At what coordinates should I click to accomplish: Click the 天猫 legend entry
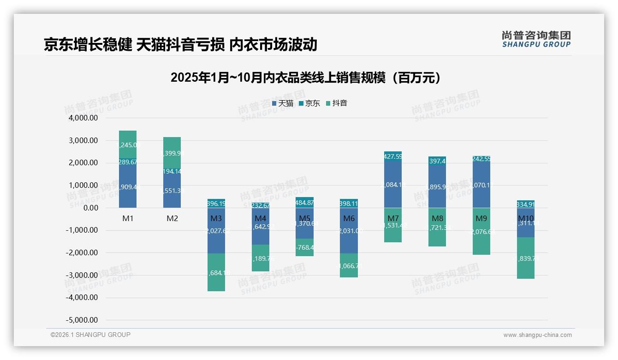click(283, 103)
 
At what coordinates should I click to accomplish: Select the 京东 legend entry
click(309, 103)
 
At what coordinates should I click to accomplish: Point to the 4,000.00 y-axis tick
click(83, 118)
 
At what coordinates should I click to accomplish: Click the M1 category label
click(128, 218)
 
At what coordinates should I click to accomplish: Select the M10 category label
click(526, 218)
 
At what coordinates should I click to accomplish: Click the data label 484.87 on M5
click(305, 203)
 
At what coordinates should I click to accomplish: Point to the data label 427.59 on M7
click(393, 157)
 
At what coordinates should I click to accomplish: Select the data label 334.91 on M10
click(526, 204)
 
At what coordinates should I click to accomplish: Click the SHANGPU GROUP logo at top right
click(536, 39)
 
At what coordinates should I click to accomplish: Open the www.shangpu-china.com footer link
click(537, 335)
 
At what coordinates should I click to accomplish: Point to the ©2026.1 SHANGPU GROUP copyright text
click(90, 335)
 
